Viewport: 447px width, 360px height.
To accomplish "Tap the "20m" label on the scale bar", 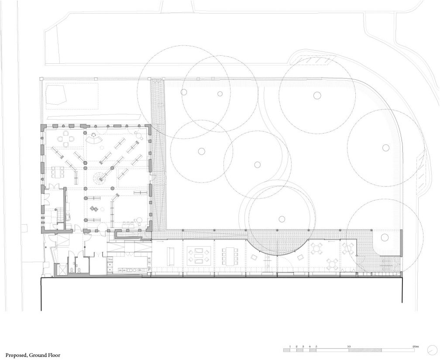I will click(x=416, y=346).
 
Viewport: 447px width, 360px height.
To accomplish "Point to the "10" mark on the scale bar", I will click(x=349, y=346).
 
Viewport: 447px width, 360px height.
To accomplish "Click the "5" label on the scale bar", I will click(x=316, y=346).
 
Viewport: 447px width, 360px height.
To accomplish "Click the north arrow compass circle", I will click(x=433, y=350).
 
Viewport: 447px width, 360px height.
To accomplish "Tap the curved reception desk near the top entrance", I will click(x=93, y=140).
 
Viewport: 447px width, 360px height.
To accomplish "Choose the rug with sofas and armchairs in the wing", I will click(x=199, y=255).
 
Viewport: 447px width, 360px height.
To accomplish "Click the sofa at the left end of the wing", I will click(x=170, y=256).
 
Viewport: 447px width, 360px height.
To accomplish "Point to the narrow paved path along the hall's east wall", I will click(x=159, y=153).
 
